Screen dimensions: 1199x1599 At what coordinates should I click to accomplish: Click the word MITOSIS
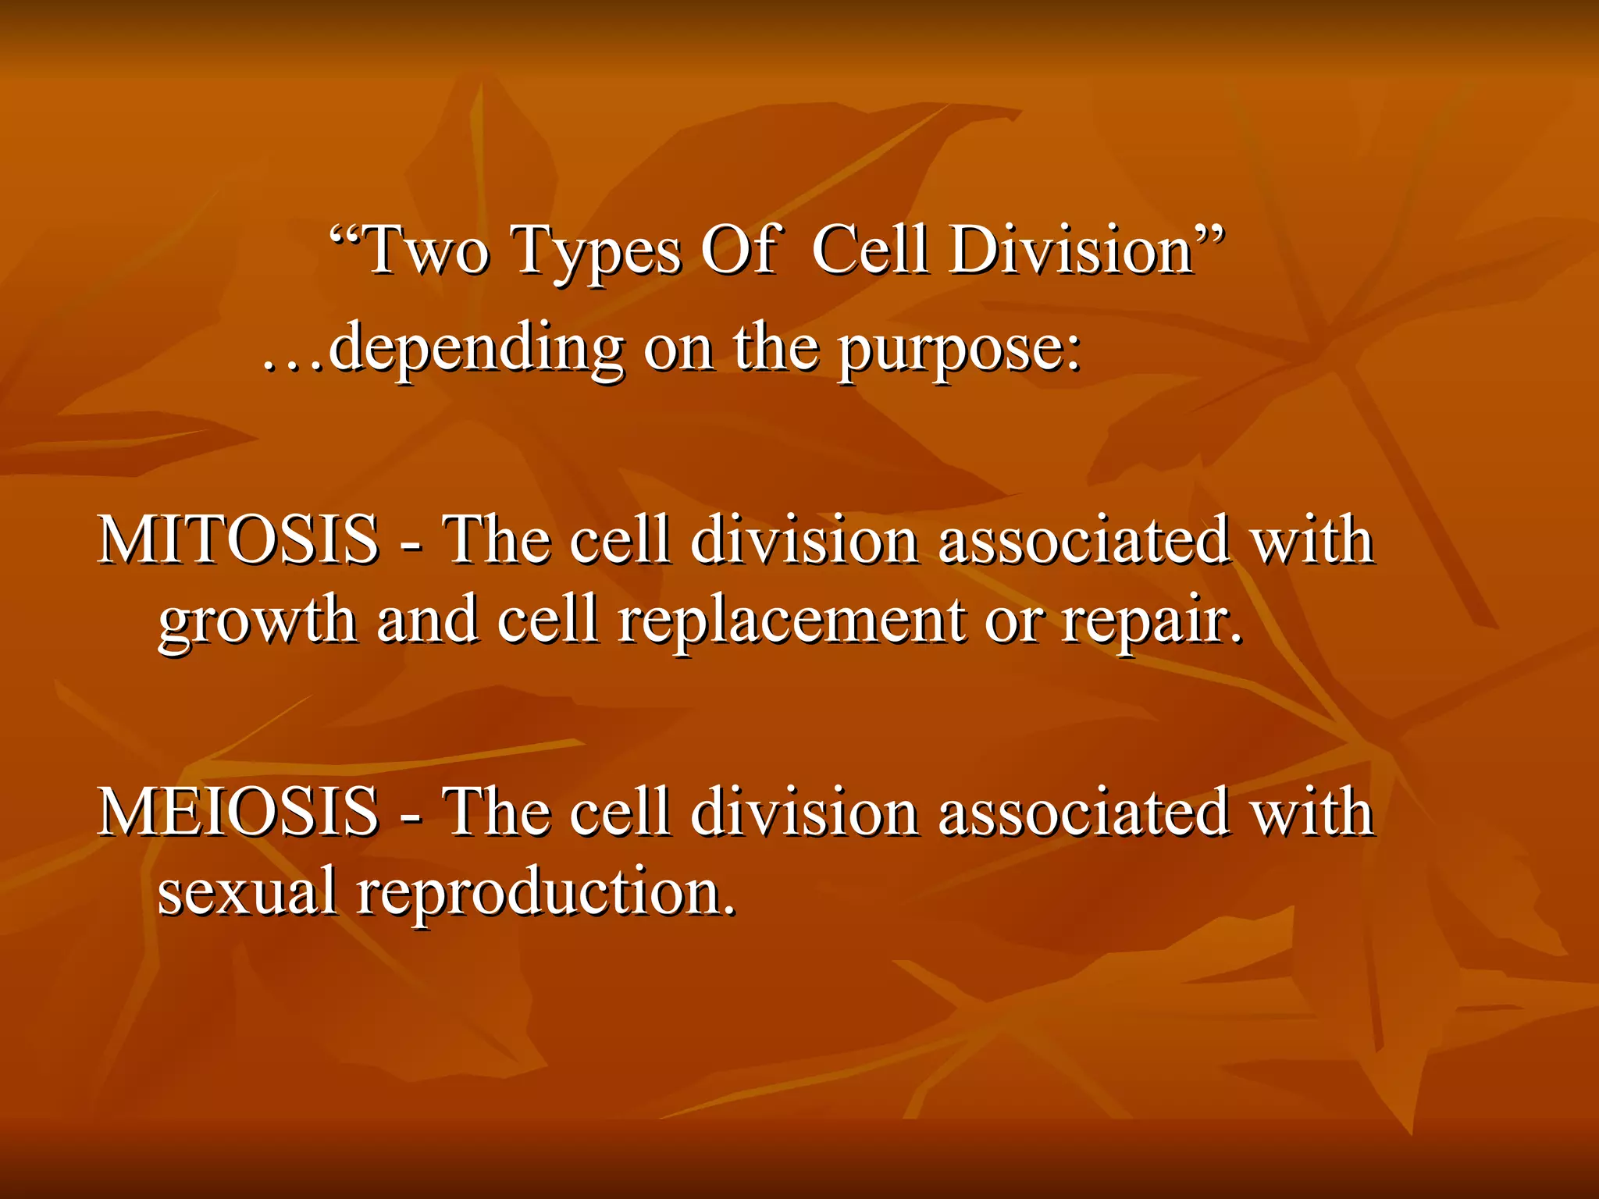point(238,540)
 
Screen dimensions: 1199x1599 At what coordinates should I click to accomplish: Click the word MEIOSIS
point(238,812)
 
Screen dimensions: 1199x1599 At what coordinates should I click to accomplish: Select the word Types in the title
point(597,251)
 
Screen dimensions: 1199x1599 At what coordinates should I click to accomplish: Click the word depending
point(475,348)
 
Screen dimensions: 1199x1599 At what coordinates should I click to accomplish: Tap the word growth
point(258,621)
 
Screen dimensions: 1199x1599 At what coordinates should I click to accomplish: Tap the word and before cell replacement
point(427,620)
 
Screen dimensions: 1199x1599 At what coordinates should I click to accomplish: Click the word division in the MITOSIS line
point(804,540)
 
